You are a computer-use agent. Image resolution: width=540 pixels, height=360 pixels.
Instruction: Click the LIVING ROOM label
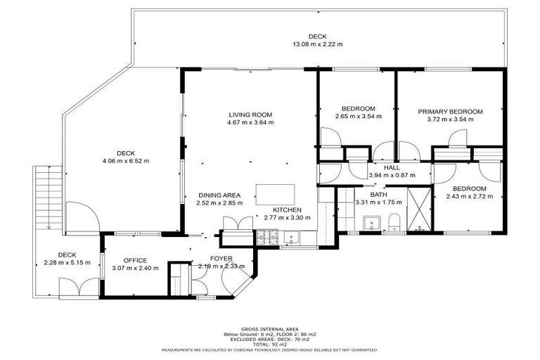coord(250,115)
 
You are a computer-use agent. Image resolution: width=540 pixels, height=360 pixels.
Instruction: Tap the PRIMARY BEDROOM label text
coord(450,111)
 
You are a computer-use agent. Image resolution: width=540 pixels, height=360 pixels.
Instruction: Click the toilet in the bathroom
coord(394,223)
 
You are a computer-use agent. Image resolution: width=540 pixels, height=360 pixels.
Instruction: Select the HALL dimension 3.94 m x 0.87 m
coord(392,175)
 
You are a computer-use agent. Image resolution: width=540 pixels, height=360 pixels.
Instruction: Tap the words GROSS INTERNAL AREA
coord(270,328)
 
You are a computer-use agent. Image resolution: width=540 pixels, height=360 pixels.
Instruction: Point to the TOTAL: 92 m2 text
coord(270,343)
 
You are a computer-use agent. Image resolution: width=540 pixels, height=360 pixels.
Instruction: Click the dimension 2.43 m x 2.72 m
coord(469,197)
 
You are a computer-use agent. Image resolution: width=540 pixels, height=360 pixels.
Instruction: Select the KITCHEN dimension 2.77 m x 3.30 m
coord(287,218)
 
